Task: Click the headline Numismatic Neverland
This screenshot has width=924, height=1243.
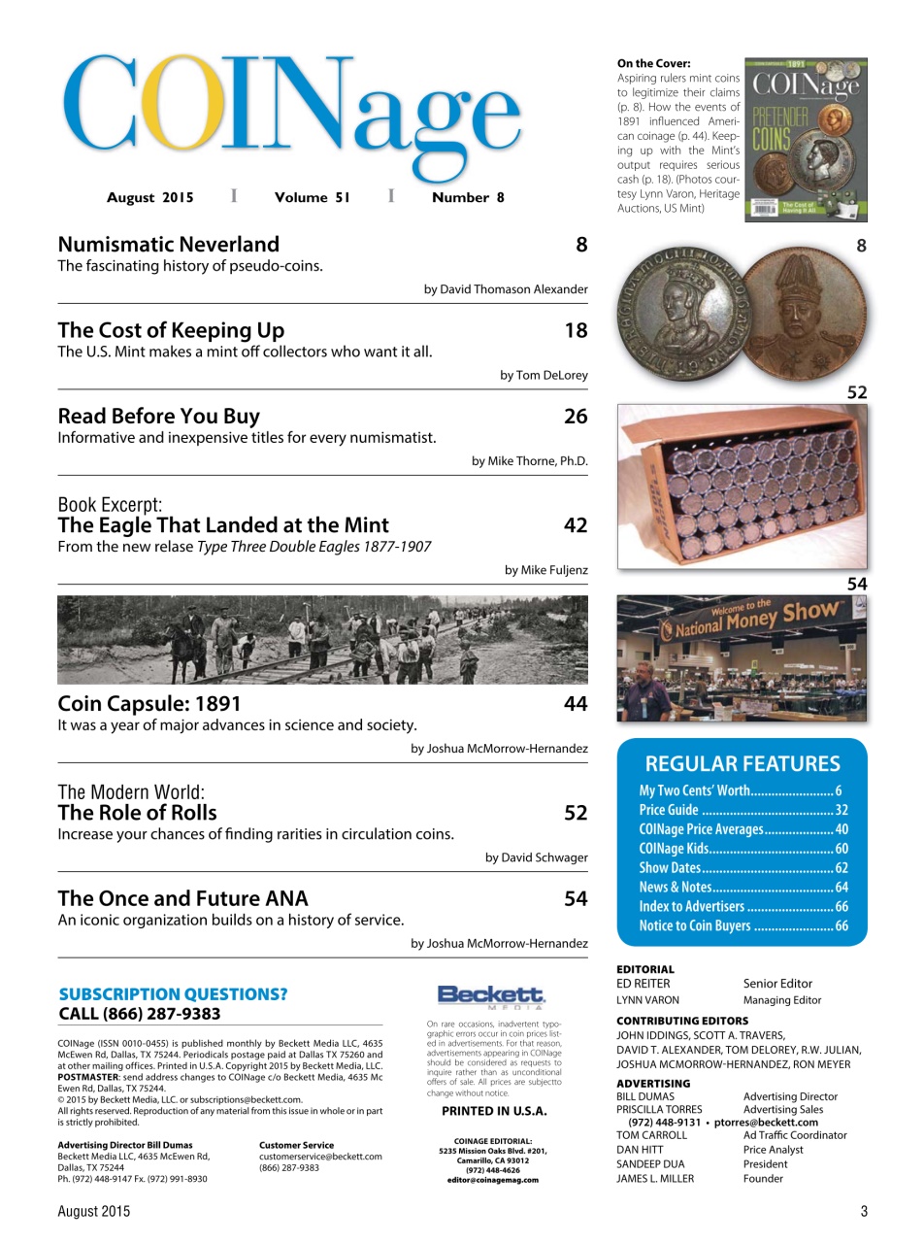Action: point(169,245)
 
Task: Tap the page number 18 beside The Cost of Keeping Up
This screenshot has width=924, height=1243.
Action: point(576,331)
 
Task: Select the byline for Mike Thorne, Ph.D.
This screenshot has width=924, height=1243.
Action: point(529,460)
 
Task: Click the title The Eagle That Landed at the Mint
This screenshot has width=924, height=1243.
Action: point(223,525)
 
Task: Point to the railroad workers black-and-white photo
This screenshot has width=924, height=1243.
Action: point(322,640)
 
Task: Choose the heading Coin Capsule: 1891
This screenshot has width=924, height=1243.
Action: point(149,703)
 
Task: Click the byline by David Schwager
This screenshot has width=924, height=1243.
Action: point(536,857)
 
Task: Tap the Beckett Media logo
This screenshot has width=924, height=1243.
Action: point(491,995)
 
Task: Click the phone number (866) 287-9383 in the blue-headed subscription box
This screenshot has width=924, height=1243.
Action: point(140,1014)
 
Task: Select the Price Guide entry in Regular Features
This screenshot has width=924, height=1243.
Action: point(669,810)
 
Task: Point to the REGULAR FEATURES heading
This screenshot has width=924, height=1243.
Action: point(742,763)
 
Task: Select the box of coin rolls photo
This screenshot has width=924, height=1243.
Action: point(742,486)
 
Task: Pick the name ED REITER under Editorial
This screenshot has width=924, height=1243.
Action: point(643,984)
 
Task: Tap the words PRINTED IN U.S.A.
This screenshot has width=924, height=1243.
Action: point(494,1111)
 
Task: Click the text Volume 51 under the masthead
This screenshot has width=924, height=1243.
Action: point(312,197)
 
